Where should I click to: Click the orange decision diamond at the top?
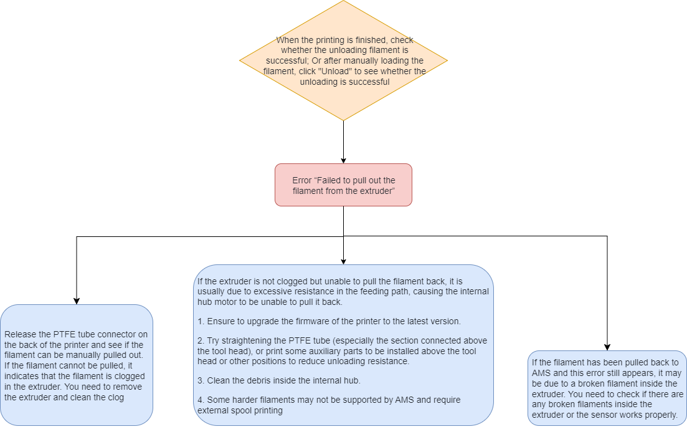[x=344, y=60]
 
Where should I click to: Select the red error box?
[x=344, y=185]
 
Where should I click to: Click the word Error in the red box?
[x=302, y=180]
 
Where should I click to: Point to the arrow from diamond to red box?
[x=344, y=142]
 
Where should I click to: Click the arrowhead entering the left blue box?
[x=77, y=301]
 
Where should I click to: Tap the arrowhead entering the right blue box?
[x=607, y=347]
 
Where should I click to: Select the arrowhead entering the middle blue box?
[x=344, y=261]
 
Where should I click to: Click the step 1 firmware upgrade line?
[x=329, y=322]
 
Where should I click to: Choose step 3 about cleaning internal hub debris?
[x=279, y=381]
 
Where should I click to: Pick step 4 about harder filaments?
[x=329, y=405]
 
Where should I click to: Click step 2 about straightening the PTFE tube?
[x=342, y=351]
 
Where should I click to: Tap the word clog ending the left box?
[x=116, y=397]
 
